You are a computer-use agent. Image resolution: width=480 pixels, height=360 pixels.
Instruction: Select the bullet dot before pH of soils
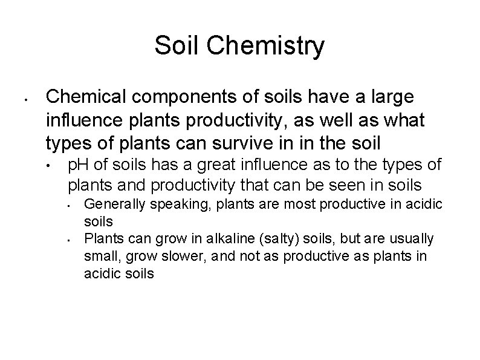click(56, 166)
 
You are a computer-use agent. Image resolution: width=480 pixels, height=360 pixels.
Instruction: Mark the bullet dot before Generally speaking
click(71, 206)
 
